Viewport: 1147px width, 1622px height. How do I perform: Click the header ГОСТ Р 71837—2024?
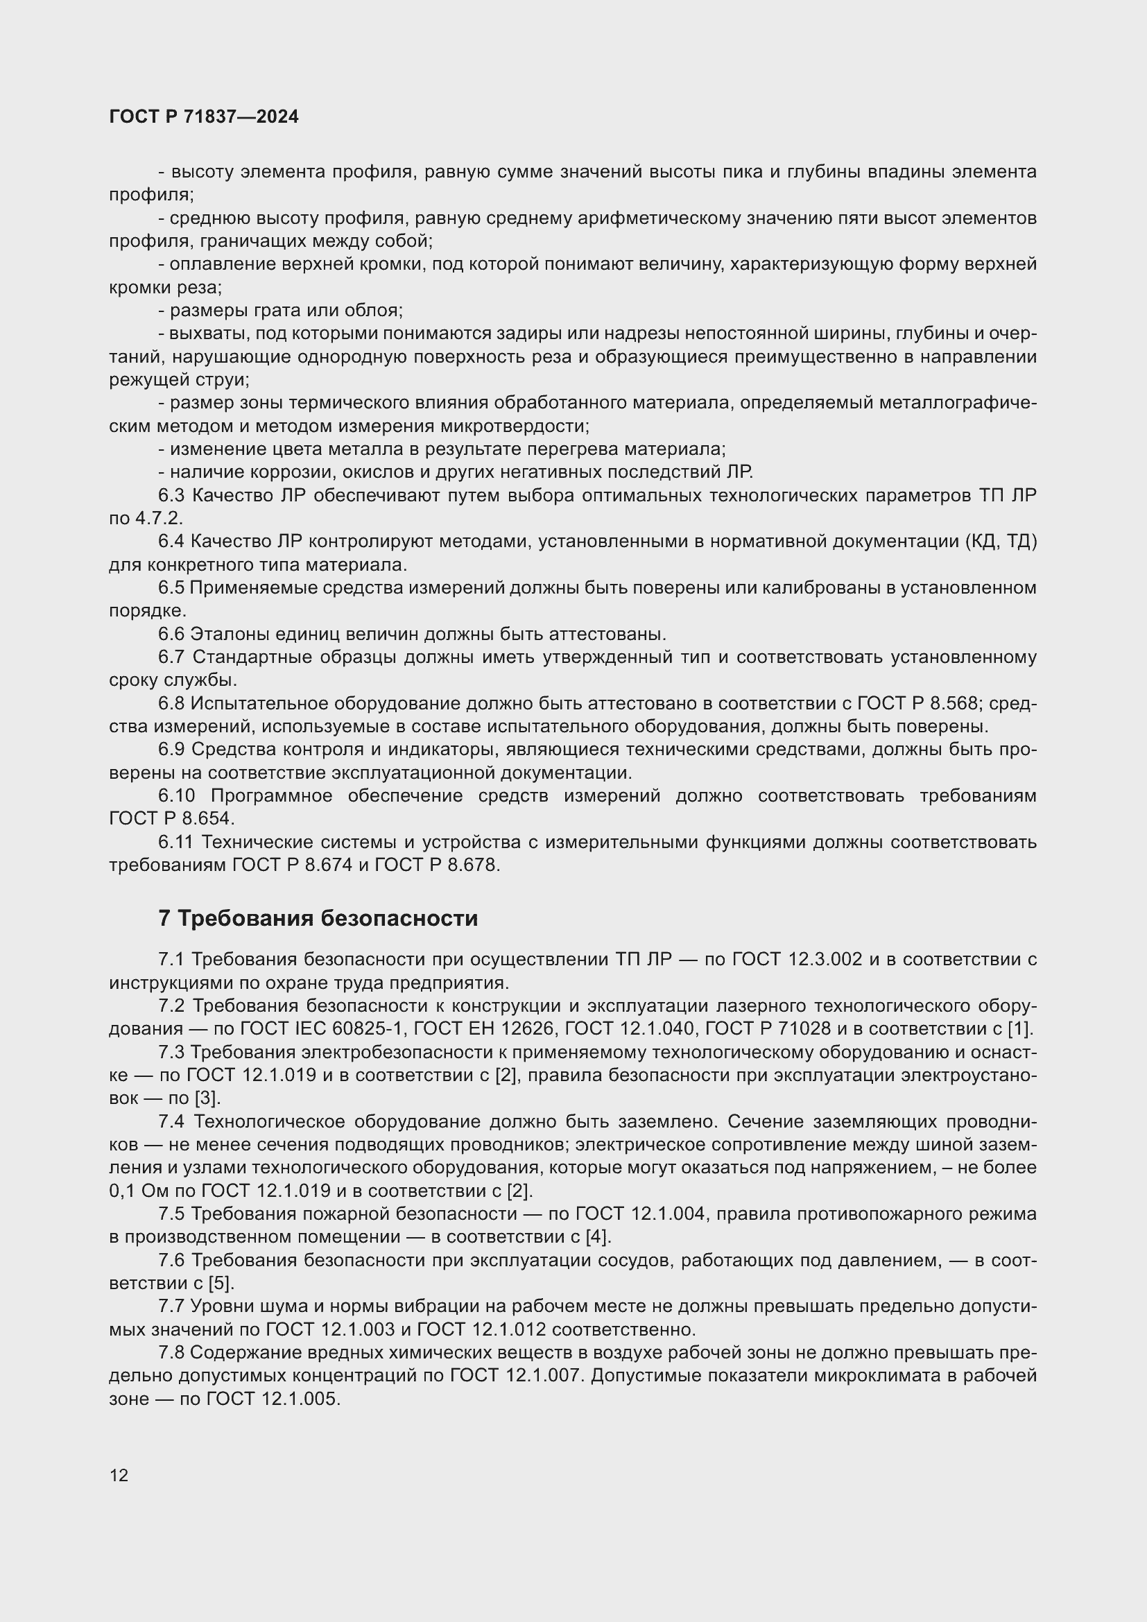tap(204, 117)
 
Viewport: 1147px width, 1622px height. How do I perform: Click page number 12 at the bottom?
tap(119, 1475)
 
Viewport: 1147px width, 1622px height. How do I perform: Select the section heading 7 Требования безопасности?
tap(318, 917)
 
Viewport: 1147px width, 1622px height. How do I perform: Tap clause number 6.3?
tap(171, 495)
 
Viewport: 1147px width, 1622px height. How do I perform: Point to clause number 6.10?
tap(177, 795)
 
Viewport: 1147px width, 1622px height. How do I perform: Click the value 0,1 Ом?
tap(136, 1191)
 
